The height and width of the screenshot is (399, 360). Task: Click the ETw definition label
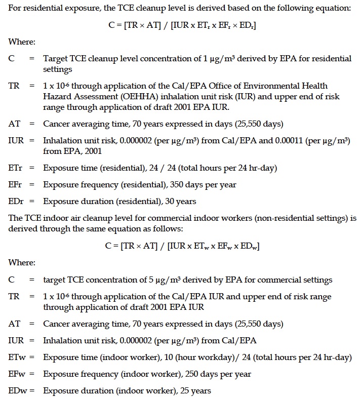16,357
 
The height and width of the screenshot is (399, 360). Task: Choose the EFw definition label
16,374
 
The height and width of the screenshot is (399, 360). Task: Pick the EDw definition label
17,391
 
